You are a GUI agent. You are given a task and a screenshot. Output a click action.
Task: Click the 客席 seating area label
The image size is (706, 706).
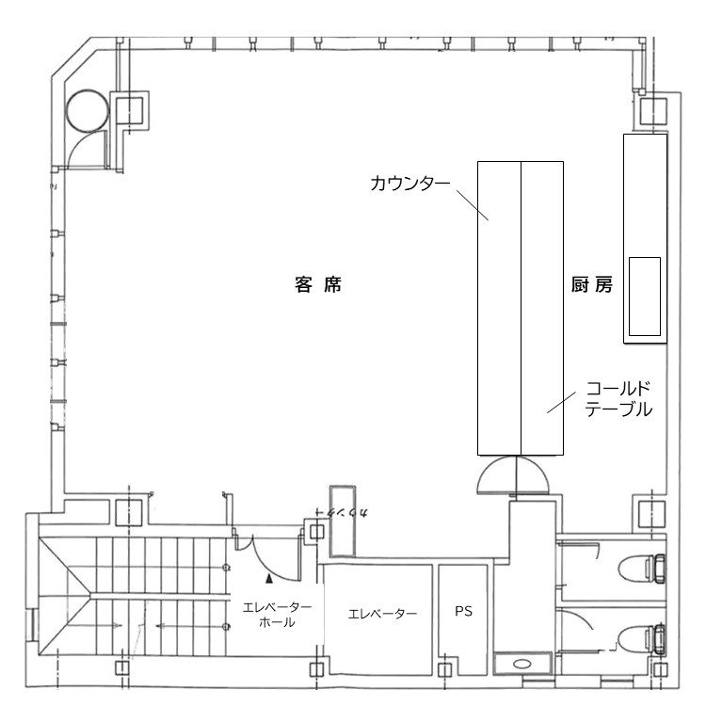pos(317,287)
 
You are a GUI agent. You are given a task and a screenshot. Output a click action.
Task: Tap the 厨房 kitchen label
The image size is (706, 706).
pos(592,287)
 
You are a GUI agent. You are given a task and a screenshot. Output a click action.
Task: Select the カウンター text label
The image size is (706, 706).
pos(409,182)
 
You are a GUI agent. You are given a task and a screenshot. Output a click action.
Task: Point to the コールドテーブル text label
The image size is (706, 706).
pos(618,398)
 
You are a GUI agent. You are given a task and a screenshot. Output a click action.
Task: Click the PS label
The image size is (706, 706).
pos(463,611)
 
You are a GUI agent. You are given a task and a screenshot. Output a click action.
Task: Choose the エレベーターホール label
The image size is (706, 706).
pos(277,615)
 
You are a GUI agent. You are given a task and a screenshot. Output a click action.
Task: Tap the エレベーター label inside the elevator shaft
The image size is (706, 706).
pos(381,614)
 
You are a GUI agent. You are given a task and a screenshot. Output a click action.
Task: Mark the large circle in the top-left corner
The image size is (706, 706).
pos(88,110)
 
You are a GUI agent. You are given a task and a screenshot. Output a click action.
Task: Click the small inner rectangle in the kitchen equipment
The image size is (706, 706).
pos(645,296)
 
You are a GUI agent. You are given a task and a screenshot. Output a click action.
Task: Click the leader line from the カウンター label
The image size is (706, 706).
pos(473,203)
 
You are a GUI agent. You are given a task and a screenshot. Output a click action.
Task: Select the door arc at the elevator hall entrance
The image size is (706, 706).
pos(248,541)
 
